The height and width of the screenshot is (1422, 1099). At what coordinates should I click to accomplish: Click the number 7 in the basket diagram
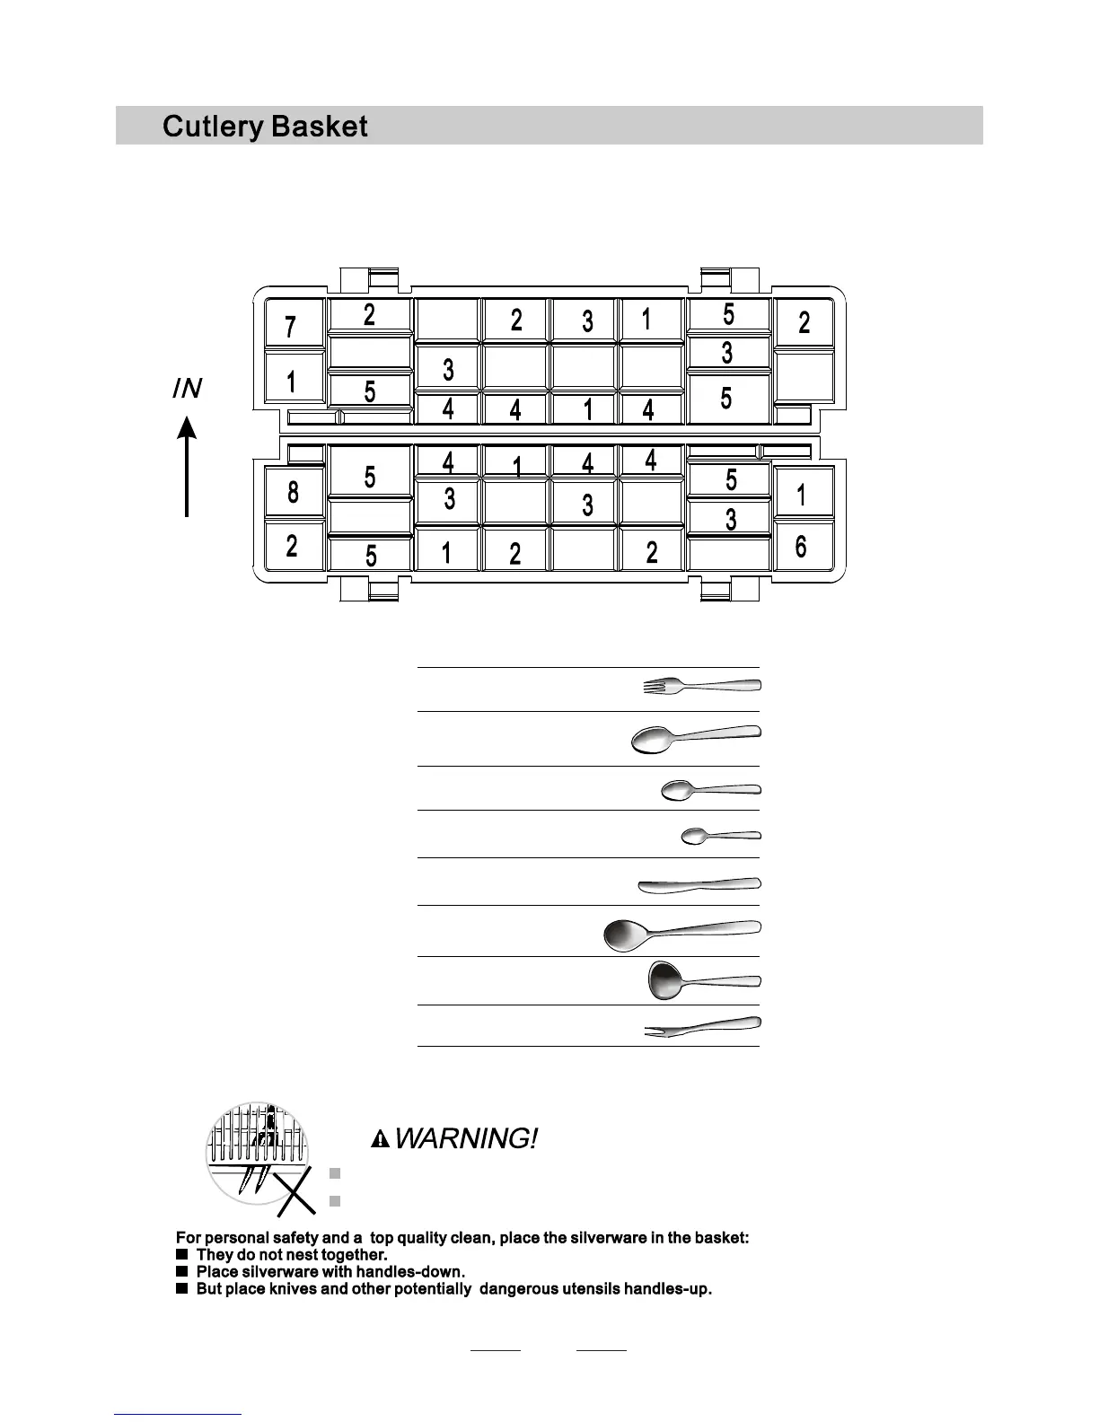(290, 327)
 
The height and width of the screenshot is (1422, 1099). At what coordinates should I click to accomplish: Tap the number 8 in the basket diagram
(293, 492)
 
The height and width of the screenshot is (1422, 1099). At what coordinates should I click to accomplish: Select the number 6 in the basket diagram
(801, 547)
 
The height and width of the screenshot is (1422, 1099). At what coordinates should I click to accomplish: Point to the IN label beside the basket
(187, 389)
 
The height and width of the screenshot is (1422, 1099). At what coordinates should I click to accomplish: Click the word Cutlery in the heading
(212, 127)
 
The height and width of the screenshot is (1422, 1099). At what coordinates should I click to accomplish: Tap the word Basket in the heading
(319, 127)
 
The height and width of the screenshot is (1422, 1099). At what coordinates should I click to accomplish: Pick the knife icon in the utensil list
(699, 886)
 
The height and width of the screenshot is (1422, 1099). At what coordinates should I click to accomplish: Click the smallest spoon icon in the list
(720, 836)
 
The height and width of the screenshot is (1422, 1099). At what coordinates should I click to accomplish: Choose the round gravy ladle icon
(702, 980)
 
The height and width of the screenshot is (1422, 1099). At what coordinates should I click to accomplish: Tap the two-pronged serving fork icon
(702, 1028)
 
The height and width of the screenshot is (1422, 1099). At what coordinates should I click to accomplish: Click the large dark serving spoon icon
(681, 933)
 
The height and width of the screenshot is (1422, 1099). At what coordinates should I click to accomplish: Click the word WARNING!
(466, 1139)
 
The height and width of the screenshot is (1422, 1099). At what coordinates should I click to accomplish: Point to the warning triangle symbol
(382, 1140)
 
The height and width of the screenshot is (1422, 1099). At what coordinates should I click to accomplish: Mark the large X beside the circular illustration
(295, 1194)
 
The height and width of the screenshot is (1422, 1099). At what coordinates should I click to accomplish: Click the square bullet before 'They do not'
(181, 1254)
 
